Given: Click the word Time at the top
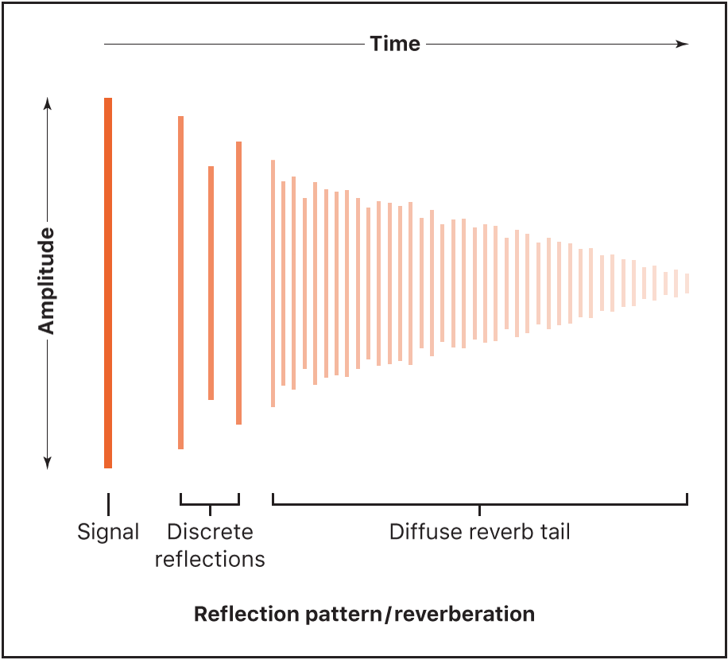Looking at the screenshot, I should (x=395, y=44).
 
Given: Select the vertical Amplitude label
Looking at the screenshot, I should (x=47, y=281).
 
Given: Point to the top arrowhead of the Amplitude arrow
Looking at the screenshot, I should (x=47, y=103).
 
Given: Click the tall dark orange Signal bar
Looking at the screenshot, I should (x=108, y=282).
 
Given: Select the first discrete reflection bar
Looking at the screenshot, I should (x=181, y=282).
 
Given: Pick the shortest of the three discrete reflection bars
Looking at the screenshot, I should (x=211, y=282).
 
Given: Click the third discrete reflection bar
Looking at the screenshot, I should (x=238, y=282).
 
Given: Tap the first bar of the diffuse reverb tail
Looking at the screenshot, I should (x=273, y=283).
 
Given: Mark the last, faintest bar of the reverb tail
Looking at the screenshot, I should (x=687, y=283).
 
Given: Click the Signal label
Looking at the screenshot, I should (x=108, y=532).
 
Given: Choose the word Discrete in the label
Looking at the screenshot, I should (x=210, y=532).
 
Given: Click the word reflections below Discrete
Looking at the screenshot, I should (x=210, y=559).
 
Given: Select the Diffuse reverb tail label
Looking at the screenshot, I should (x=479, y=532).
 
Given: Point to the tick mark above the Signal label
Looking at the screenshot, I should (x=108, y=503).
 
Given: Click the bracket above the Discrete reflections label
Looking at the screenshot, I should (x=210, y=503).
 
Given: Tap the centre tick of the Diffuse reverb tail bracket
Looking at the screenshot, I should (x=479, y=508).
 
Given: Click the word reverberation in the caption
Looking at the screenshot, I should (x=462, y=615).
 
